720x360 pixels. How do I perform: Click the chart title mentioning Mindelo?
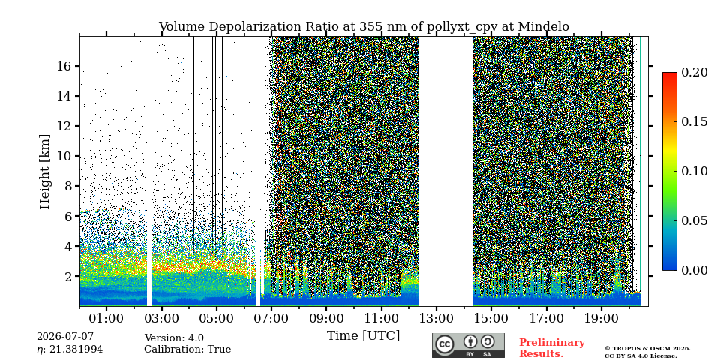tap(364, 27)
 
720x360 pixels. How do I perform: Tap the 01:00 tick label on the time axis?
tap(106, 318)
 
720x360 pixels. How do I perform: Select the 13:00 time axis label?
tap(436, 318)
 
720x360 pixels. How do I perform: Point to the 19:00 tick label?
tap(601, 318)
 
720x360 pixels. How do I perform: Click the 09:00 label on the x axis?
tap(326, 318)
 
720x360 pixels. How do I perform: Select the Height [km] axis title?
tap(44, 172)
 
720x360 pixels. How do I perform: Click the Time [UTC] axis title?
tap(363, 336)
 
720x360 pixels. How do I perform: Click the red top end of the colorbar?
tap(670, 74)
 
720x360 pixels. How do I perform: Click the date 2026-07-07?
tap(65, 337)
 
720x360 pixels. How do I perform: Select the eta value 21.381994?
tap(70, 349)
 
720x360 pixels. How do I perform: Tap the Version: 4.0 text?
tap(174, 338)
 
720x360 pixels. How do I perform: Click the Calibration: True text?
tap(187, 349)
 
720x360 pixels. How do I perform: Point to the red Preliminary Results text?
tap(552, 348)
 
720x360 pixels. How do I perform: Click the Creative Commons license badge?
tap(468, 345)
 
